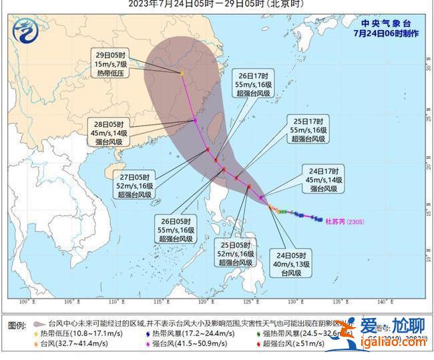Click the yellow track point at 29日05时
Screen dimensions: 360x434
(x=182, y=73)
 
